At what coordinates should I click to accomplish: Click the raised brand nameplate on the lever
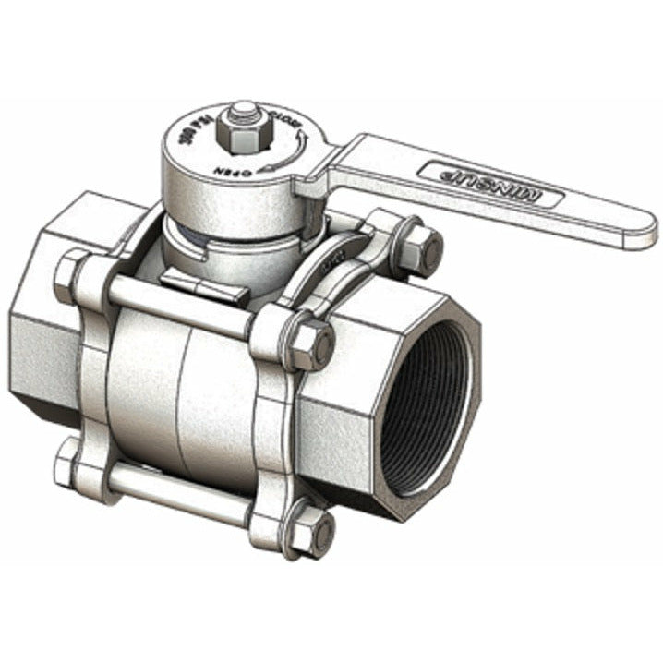(490, 183)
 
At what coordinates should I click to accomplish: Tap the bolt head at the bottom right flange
(317, 535)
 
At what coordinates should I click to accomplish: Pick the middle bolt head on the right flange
(311, 344)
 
